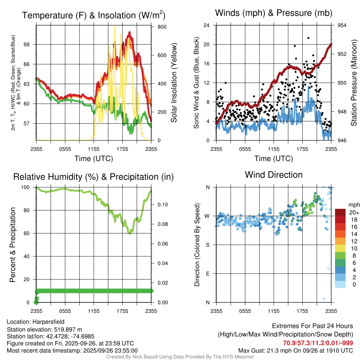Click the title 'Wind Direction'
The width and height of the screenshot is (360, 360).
[274, 175]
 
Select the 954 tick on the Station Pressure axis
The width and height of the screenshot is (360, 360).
[342, 25]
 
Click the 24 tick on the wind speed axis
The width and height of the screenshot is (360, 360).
[207, 25]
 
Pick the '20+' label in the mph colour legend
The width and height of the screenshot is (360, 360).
[354, 212]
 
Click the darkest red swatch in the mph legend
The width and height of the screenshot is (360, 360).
[340, 212]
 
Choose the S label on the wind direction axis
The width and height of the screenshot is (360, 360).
[208, 245]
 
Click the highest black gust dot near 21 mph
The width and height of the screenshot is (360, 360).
[308, 38]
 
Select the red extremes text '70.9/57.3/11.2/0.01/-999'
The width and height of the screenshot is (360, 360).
[318, 343]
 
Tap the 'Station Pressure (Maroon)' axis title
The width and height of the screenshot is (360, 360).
[354, 83]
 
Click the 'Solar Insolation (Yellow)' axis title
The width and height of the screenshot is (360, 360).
[174, 83]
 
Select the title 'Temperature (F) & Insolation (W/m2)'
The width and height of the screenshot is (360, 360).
[94, 15]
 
